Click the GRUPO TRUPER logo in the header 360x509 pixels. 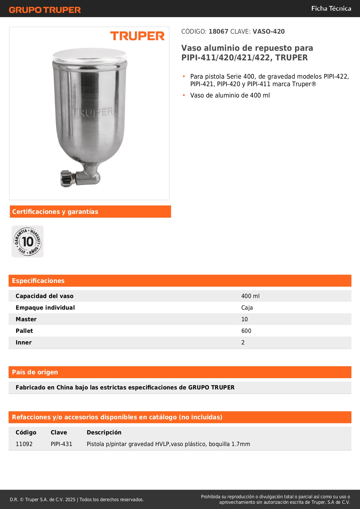45,10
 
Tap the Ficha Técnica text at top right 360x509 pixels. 331,9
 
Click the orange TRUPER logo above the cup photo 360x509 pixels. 137,36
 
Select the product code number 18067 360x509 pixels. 218,32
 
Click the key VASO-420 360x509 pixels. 269,32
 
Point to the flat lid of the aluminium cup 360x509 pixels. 90,55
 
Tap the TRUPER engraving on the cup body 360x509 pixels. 92,112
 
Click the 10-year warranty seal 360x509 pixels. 28,241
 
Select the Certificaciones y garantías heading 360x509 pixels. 55,212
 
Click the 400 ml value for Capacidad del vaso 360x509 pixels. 250,296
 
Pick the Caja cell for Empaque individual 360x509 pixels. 247,308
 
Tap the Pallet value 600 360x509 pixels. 246,331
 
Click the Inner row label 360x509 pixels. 24,342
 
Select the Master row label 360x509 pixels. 26,319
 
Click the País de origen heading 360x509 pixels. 35,372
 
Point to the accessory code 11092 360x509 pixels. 24,444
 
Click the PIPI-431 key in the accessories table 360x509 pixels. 61,444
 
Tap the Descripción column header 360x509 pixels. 104,432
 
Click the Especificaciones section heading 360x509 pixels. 38,281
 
